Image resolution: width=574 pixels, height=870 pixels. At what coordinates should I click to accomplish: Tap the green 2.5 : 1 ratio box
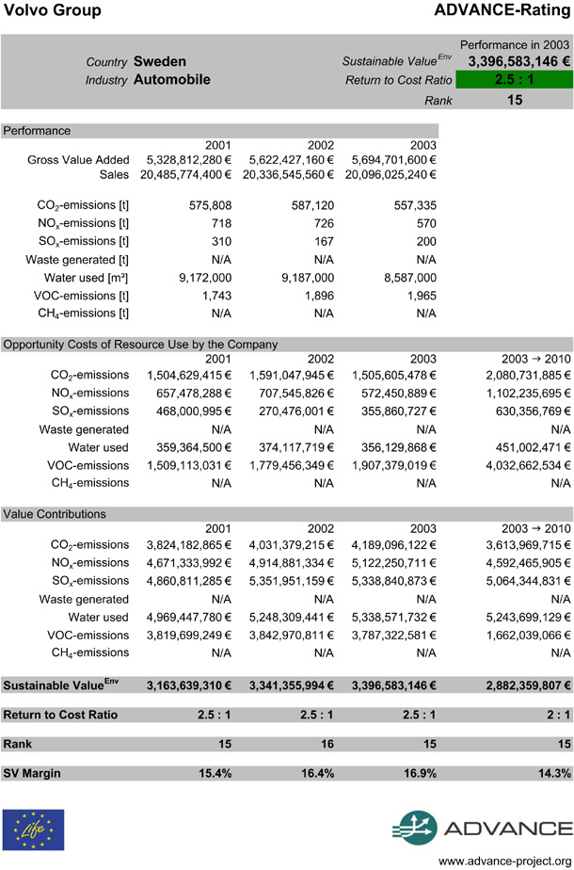(515, 80)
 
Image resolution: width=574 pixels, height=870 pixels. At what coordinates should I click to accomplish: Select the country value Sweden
(160, 61)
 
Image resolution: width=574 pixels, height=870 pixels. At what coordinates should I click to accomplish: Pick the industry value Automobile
(171, 80)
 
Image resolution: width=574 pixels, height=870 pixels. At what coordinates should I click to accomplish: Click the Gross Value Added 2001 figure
(189, 160)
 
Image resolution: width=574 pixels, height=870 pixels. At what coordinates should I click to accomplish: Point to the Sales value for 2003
(393, 174)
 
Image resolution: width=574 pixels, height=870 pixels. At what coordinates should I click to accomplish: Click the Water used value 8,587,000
(410, 278)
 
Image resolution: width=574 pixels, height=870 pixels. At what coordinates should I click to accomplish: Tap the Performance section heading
(37, 131)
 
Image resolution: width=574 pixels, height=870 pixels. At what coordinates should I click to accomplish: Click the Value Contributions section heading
(55, 514)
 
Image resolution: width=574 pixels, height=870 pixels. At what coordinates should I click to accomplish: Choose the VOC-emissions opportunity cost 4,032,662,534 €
(518, 464)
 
